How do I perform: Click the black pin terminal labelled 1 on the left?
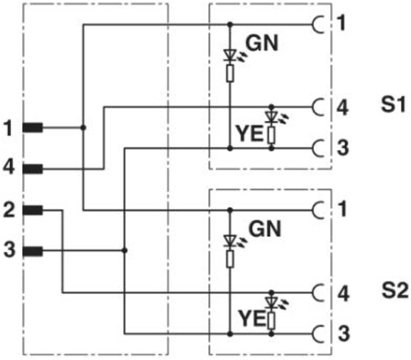[33, 128]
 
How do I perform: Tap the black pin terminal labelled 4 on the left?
[33, 169]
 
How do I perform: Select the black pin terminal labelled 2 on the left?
[33, 210]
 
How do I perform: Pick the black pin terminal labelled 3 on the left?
[33, 251]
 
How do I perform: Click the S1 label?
[393, 104]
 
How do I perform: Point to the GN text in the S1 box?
[262, 43]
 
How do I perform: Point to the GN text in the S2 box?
[265, 229]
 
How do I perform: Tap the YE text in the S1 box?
[250, 134]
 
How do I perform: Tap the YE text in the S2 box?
[252, 318]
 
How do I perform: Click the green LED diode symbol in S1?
[230, 55]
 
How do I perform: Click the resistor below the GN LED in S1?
[230, 73]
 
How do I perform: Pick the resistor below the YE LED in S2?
[272, 321]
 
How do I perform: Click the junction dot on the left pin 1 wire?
[83, 128]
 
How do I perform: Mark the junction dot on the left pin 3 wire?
[125, 251]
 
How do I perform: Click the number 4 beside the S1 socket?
[342, 107]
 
